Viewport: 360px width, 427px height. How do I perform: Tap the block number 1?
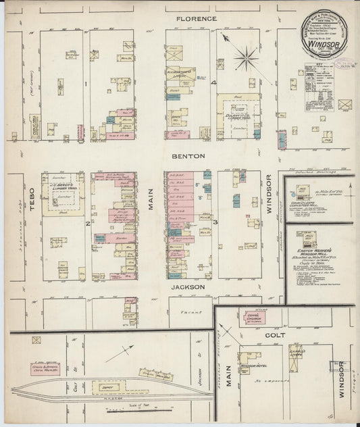pos(86,84)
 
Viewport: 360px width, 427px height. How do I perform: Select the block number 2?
pos(87,222)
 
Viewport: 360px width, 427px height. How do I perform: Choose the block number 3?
pos(215,222)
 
